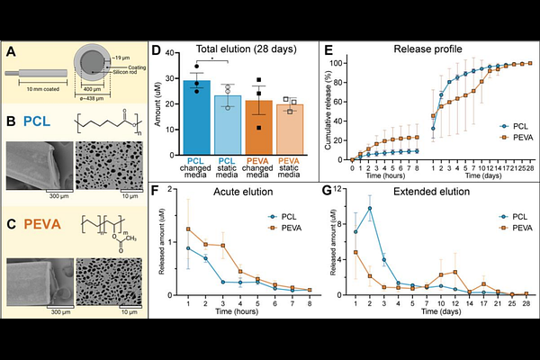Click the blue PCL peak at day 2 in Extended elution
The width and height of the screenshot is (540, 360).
click(370, 208)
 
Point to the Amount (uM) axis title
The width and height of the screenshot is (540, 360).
click(162, 102)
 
